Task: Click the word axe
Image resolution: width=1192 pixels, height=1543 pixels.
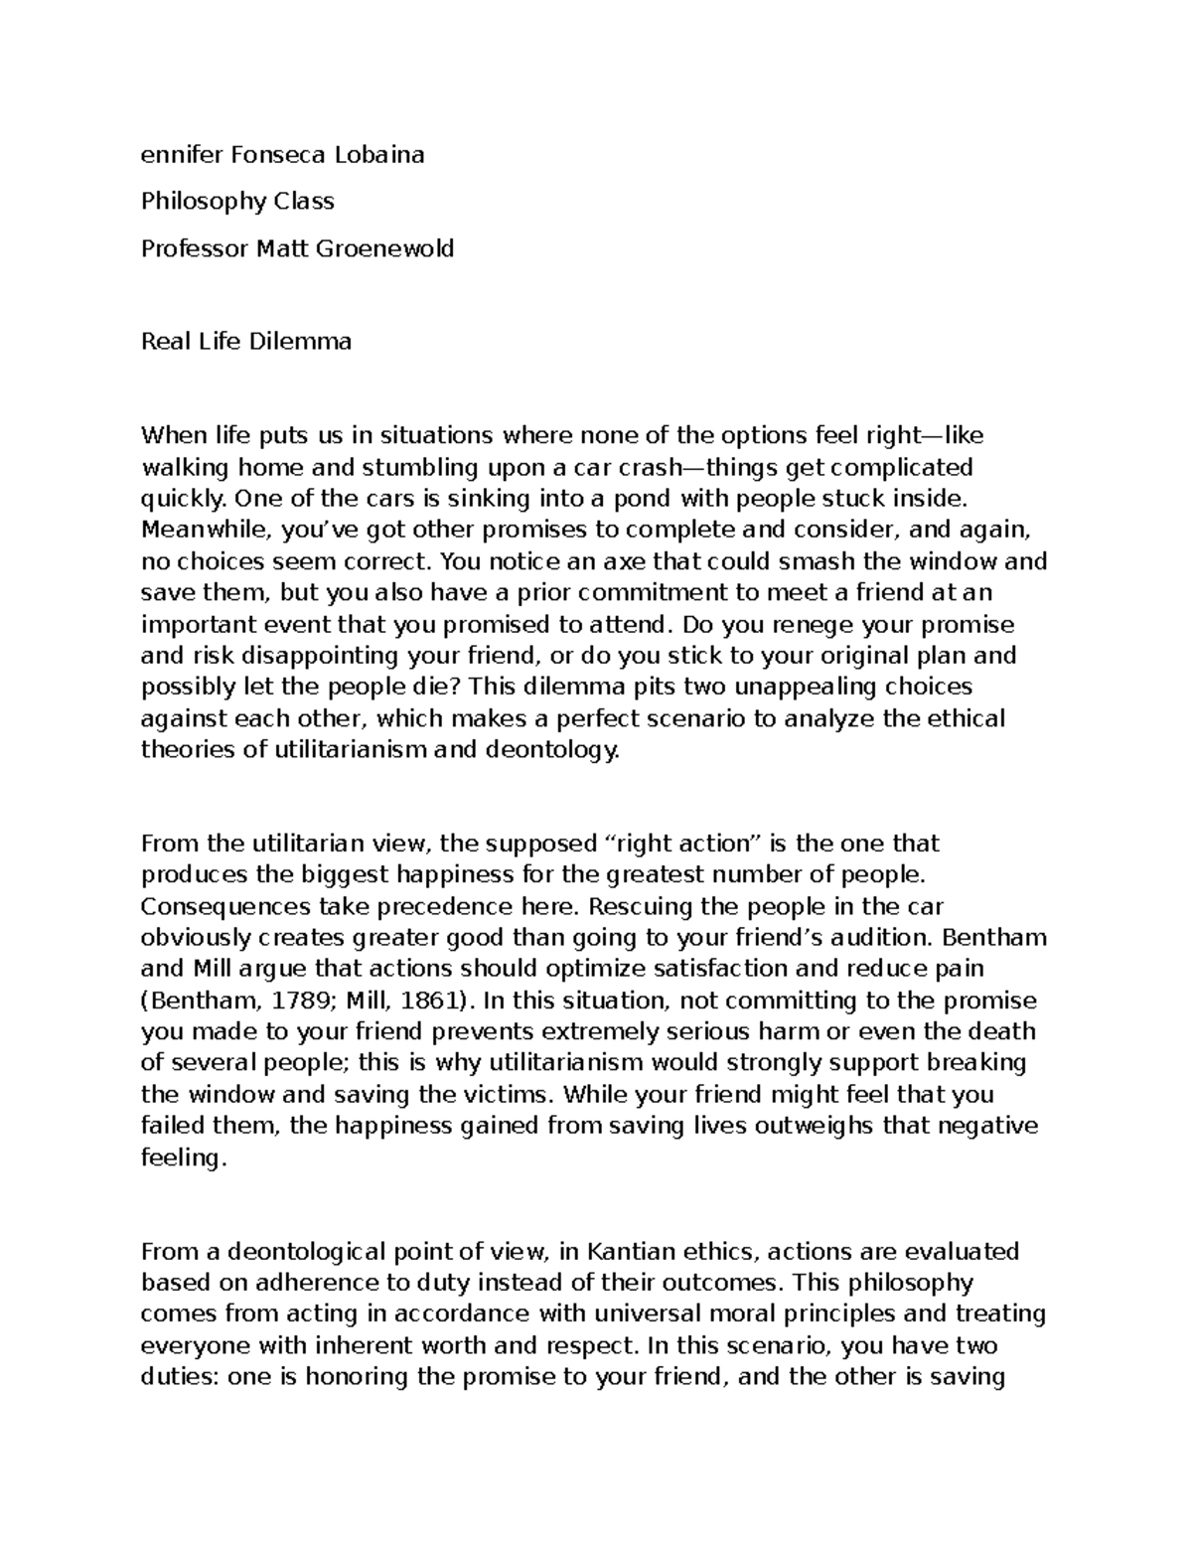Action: [x=615, y=561]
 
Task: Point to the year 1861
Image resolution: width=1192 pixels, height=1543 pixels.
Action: [x=422, y=1000]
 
